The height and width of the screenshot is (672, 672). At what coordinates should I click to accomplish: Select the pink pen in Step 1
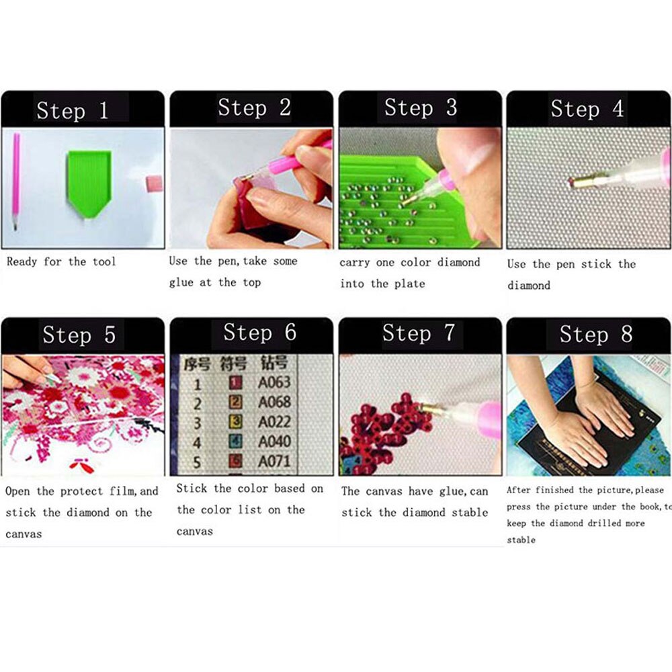[x=15, y=180]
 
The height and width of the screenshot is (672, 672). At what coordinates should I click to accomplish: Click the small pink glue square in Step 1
[x=154, y=183]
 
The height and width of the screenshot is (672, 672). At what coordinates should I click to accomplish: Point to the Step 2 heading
[x=254, y=108]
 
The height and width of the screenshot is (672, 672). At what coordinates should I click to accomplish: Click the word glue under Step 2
[x=181, y=283]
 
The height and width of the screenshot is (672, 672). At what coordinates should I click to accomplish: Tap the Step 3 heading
[x=420, y=108]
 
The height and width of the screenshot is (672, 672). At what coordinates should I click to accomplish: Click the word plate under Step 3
[x=410, y=284]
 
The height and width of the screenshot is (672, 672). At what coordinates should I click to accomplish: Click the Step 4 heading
[x=587, y=109]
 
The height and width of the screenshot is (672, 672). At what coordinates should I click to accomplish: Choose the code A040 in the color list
[x=274, y=442]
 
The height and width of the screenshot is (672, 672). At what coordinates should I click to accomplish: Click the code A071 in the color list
[x=274, y=462]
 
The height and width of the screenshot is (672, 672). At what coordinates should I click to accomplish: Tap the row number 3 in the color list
[x=198, y=423]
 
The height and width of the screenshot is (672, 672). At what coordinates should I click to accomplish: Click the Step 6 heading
[x=259, y=333]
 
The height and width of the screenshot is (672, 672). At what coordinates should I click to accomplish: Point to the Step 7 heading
[x=418, y=333]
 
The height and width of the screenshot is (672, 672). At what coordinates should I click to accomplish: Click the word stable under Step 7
[x=469, y=513]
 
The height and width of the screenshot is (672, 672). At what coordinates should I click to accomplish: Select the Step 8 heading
[x=595, y=334]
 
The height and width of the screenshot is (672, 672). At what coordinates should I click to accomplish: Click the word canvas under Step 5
[x=24, y=535]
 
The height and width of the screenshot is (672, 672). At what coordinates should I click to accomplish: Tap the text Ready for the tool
[x=61, y=262]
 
